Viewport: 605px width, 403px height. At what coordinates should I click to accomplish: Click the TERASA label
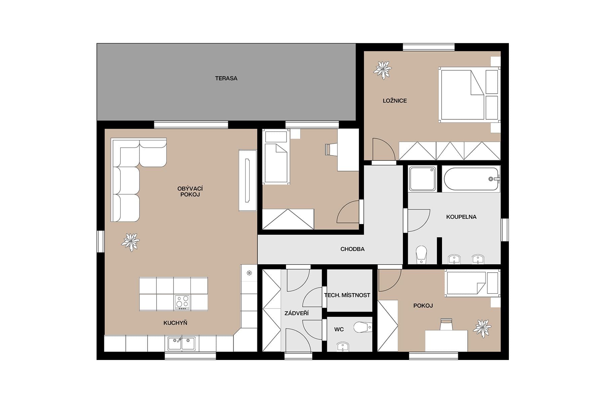tap(226, 78)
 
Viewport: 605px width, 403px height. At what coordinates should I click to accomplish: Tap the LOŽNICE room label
tap(395, 100)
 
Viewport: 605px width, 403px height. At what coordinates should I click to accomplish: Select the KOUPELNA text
tap(461, 217)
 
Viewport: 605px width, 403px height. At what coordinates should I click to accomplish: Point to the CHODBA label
tap(352, 249)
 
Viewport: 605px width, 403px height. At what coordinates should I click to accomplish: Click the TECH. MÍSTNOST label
tap(347, 295)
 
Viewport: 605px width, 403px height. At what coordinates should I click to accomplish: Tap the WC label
tap(339, 329)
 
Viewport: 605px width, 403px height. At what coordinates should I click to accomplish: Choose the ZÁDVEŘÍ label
tap(296, 313)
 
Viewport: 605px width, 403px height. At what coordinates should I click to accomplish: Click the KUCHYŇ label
tap(175, 323)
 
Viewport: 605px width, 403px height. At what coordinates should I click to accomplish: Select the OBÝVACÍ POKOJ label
tap(190, 191)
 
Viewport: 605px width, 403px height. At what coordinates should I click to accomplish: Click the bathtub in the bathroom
tap(471, 179)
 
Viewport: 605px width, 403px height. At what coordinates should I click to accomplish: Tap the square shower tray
tap(422, 179)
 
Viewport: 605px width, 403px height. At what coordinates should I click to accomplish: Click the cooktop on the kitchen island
tap(182, 302)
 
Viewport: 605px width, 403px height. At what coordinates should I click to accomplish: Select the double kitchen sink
tap(182, 344)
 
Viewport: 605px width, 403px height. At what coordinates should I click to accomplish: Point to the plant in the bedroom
tap(382, 70)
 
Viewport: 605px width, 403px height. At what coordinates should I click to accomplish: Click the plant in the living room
tap(130, 242)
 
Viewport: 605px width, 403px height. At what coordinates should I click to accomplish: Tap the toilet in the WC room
tap(362, 327)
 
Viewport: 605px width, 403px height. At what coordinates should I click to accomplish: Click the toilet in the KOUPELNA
tap(421, 254)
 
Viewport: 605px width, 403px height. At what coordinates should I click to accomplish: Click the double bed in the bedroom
tap(462, 95)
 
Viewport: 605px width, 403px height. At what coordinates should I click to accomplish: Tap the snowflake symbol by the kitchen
tap(249, 273)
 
